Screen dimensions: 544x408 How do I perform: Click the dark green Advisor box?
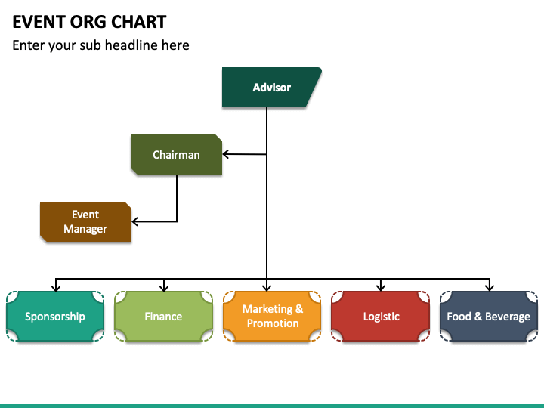click(272, 88)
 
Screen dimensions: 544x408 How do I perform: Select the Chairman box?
click(176, 154)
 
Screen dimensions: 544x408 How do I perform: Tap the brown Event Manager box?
click(85, 221)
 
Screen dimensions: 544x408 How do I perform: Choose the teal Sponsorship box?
click(55, 316)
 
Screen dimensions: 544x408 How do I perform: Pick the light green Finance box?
click(163, 316)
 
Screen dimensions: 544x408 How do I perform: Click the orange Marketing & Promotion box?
click(272, 316)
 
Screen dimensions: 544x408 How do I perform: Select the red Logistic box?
click(381, 316)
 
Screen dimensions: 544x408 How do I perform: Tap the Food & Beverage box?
click(489, 316)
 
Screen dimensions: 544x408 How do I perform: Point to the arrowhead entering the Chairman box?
click(225, 154)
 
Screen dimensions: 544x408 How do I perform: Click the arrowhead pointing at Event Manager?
click(135, 221)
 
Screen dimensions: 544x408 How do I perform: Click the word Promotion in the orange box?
click(273, 323)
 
